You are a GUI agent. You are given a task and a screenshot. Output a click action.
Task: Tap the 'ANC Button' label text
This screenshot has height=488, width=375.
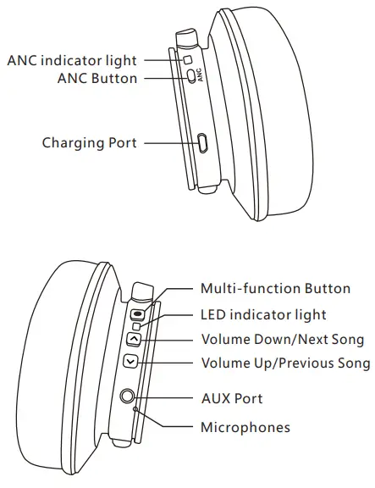point(97,78)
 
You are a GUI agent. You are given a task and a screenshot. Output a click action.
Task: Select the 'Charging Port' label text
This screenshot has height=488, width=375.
point(90,142)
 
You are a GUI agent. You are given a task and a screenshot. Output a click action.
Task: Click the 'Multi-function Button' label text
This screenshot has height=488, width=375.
point(275,289)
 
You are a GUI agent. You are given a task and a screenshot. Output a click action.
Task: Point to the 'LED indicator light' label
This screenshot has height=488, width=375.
point(263,314)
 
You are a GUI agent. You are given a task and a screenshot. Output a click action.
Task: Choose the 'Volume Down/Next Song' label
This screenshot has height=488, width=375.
point(282,340)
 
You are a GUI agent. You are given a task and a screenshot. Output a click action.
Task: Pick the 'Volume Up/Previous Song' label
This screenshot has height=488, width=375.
point(285,363)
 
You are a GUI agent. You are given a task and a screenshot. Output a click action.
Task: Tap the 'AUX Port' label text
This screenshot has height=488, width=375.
point(231,398)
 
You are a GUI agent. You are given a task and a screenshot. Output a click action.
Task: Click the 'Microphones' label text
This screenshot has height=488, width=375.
point(245,427)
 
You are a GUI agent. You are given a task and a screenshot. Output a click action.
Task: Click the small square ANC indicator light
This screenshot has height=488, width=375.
point(188,60)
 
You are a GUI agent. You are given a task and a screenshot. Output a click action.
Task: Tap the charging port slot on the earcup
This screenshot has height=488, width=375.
point(202,142)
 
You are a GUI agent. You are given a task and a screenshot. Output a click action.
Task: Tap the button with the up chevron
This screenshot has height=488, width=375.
point(133,340)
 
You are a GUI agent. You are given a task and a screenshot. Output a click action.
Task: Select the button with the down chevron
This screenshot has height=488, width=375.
point(130,362)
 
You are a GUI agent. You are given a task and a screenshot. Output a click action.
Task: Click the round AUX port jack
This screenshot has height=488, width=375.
point(129,396)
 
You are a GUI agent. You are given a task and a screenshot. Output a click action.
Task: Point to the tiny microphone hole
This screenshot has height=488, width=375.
point(135,409)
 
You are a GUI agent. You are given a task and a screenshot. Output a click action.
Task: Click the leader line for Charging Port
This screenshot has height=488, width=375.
point(169,142)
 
